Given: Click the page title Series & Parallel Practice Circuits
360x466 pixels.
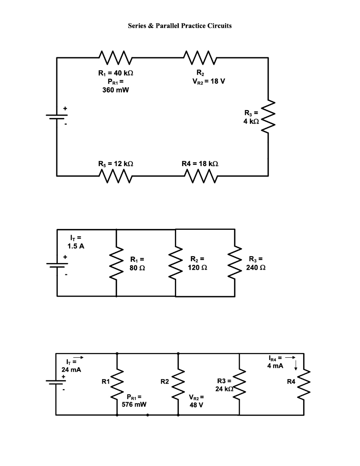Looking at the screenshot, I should tap(179, 26).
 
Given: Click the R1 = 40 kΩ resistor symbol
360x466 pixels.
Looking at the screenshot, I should tap(115, 58).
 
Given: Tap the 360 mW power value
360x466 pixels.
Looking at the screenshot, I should tap(115, 90).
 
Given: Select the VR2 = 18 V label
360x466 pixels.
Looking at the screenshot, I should tap(203, 81).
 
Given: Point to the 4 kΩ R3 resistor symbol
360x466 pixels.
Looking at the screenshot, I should tap(269, 116).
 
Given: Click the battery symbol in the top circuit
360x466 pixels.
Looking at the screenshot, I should tap(57, 116).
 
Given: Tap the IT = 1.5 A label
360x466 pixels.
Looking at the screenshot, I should tap(76, 242).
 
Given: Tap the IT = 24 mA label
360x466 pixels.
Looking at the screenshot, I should tap(71, 365).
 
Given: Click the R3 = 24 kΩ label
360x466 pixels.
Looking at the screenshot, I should tap(225, 385).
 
